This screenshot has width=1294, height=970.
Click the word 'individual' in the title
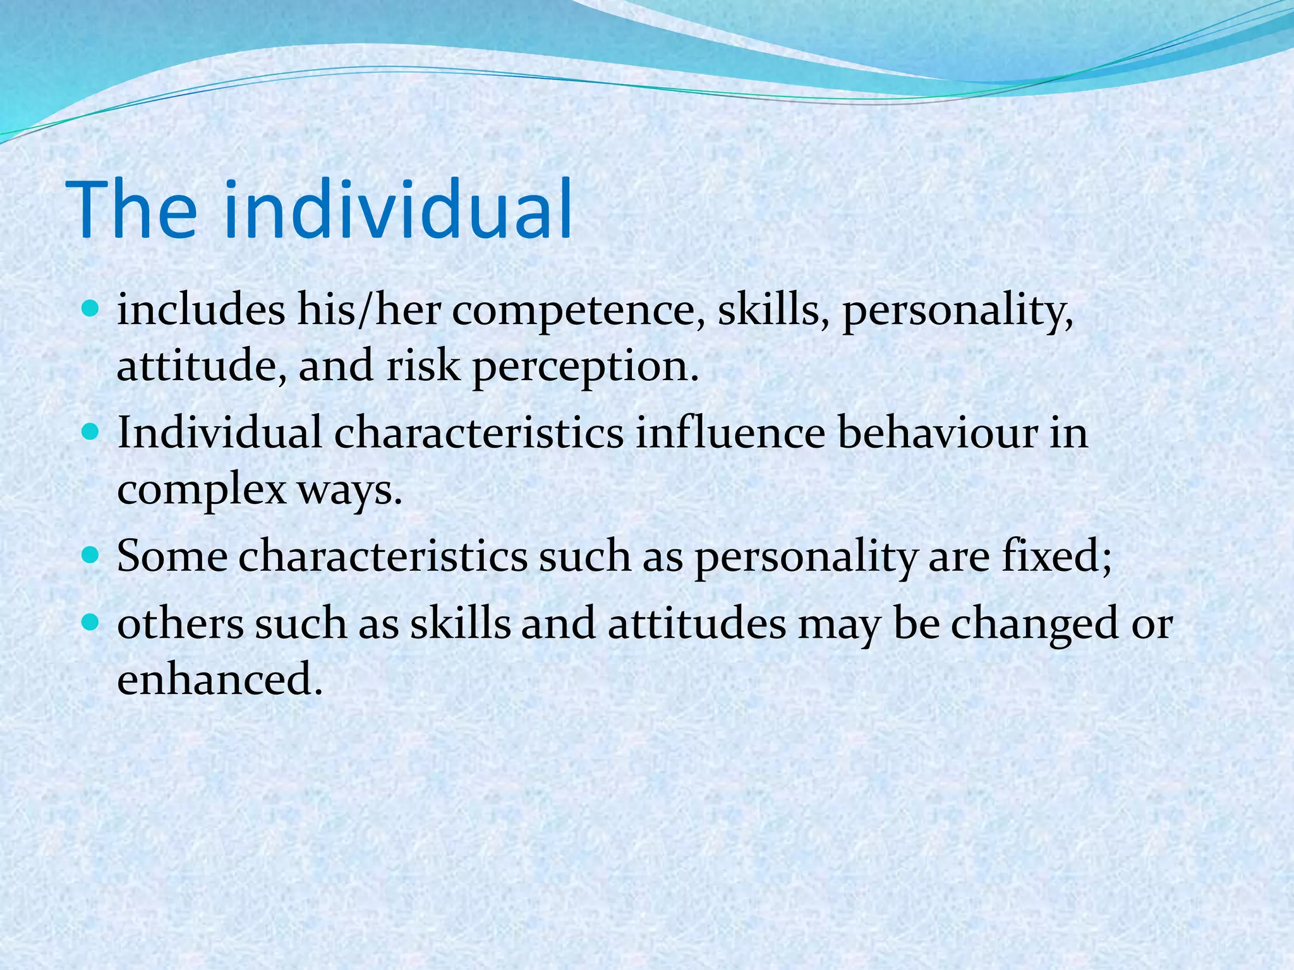pos(398,210)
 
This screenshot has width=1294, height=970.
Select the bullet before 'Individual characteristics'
pos(92,433)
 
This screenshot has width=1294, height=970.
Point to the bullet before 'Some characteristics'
pos(92,556)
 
